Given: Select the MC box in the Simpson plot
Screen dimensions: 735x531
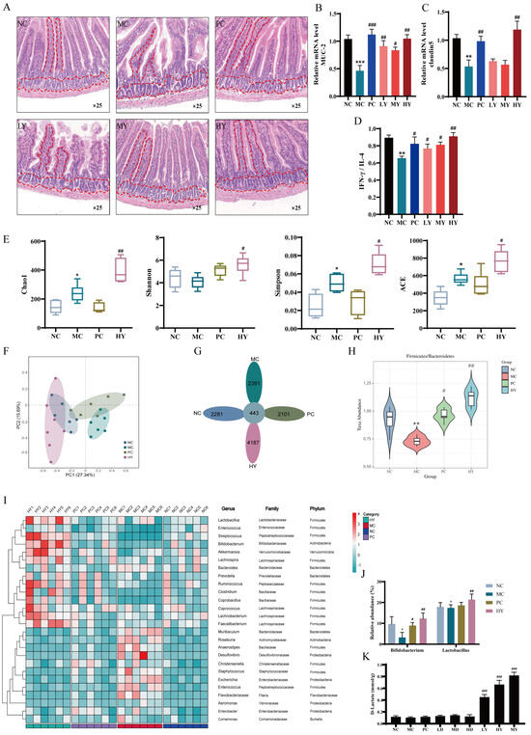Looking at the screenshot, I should point(337,282).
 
